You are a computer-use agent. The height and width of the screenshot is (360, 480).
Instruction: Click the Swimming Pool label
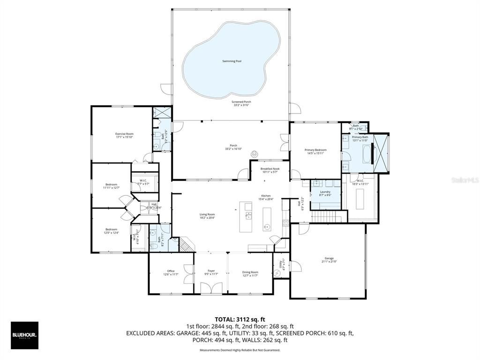pyautogui.click(x=232, y=61)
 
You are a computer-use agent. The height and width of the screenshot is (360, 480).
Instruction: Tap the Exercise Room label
pyautogui.click(x=125, y=134)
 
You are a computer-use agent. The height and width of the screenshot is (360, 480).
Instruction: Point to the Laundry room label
pyautogui.click(x=325, y=192)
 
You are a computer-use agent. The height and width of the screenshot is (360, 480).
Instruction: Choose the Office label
pyautogui.click(x=171, y=271)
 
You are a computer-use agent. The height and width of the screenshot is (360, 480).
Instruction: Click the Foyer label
pyautogui.click(x=211, y=271)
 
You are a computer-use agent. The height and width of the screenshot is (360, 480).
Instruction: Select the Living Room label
pyautogui.click(x=207, y=215)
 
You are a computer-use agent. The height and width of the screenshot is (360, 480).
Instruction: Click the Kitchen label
pyautogui.click(x=266, y=196)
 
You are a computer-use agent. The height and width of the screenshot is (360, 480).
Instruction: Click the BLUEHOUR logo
pyautogui.click(x=24, y=335)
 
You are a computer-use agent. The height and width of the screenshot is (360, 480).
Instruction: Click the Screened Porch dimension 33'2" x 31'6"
pyautogui.click(x=241, y=105)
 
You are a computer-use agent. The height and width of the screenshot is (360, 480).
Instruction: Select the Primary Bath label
pyautogui.click(x=360, y=137)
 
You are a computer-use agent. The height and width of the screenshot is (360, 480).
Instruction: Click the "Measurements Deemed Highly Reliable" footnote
pyautogui.click(x=240, y=350)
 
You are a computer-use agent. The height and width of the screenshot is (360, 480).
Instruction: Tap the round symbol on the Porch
pyautogui.click(x=255, y=153)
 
